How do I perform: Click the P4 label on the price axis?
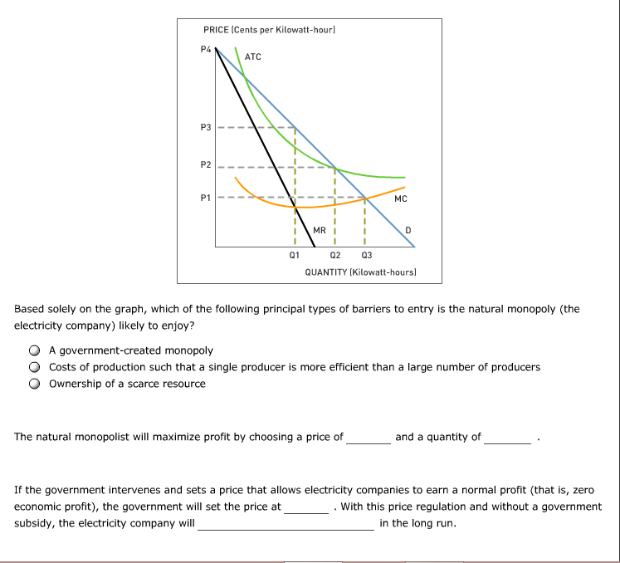click(206, 48)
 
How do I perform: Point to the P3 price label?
click(206, 127)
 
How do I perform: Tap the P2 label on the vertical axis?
click(206, 165)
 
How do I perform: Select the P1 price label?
click(206, 198)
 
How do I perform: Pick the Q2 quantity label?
click(334, 256)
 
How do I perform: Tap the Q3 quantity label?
click(367, 256)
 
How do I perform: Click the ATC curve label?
click(253, 56)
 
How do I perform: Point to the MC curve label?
click(401, 199)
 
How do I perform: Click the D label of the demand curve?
click(408, 229)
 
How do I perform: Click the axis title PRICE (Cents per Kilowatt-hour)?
click(269, 30)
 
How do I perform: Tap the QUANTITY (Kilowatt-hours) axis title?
click(360, 272)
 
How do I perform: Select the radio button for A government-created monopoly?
click(35, 350)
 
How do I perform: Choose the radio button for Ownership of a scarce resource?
click(35, 384)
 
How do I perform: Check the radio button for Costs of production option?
click(35, 367)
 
